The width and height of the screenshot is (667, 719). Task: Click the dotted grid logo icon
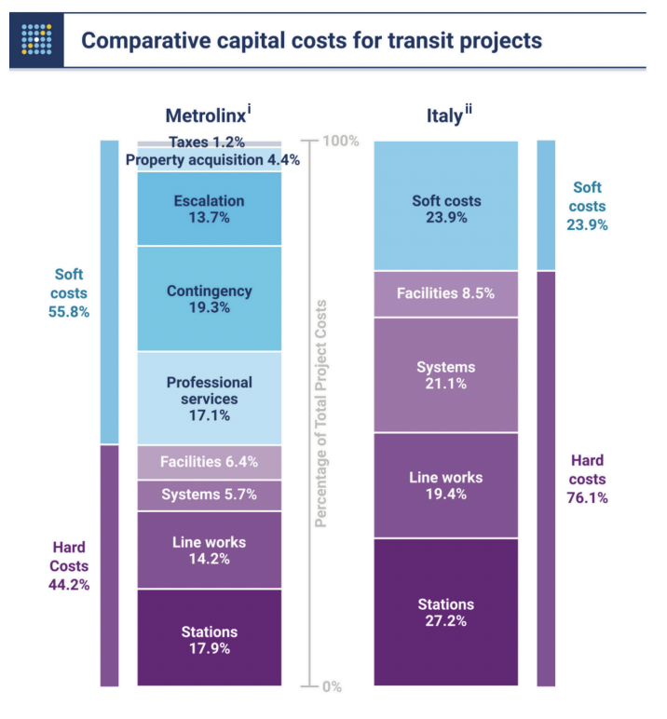click(36, 40)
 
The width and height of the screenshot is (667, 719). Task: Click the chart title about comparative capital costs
click(311, 41)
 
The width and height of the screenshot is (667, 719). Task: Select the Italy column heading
click(444, 115)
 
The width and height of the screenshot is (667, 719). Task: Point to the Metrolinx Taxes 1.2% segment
click(209, 142)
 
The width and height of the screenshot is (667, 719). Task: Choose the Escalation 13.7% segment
click(209, 209)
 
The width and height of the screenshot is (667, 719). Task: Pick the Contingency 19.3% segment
click(209, 298)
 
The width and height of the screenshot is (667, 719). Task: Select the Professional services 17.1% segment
click(209, 398)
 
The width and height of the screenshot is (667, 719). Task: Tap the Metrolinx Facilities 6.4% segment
click(209, 462)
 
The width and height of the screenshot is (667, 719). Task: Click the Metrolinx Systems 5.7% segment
click(209, 495)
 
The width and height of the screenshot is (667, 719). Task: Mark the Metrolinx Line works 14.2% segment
click(209, 549)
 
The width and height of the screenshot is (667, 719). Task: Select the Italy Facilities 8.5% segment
click(445, 294)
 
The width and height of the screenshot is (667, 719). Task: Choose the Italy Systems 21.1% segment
click(445, 374)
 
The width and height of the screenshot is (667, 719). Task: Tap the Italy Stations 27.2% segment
click(445, 613)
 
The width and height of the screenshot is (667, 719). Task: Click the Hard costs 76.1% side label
click(588, 479)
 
